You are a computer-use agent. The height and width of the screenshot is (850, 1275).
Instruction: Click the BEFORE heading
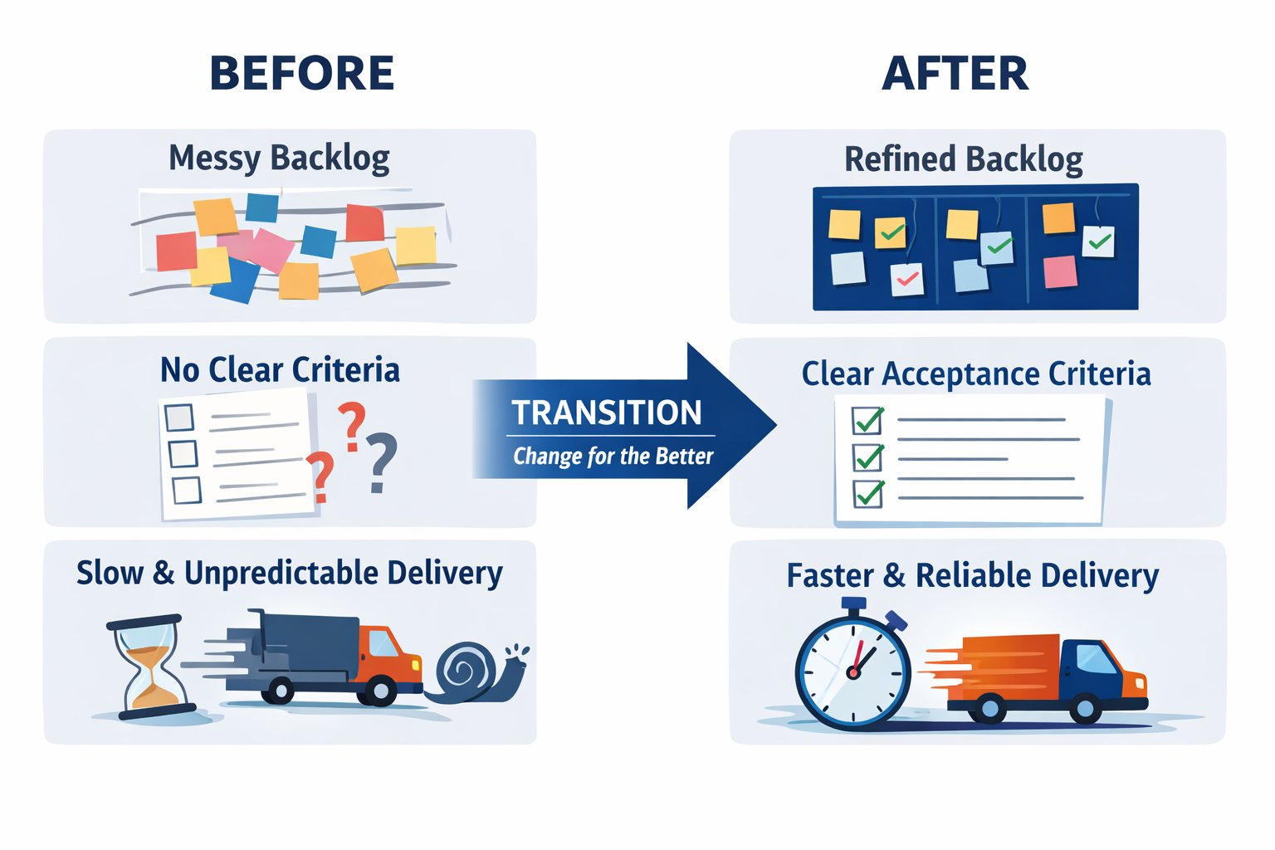pos(301,73)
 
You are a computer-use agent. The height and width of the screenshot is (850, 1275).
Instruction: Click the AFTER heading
pos(955,73)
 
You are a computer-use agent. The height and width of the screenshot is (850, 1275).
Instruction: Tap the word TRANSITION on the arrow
pos(606,413)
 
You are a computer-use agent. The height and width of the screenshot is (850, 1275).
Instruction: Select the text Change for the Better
pos(613,456)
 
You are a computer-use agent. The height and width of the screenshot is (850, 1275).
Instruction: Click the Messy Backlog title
pos(279,157)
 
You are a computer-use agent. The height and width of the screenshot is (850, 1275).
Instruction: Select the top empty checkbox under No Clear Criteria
pos(179,417)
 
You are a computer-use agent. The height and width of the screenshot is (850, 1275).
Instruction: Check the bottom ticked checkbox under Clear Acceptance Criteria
pos(868,494)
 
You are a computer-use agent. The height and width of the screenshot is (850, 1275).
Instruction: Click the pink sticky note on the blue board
pos(1060,271)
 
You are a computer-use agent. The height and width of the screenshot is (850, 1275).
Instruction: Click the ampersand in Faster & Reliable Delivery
pos(893,575)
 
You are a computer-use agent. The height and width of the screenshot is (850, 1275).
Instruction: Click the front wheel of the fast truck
pos(1085,708)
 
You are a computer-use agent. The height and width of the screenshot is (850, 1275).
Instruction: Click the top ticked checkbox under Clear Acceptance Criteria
pos(868,421)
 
